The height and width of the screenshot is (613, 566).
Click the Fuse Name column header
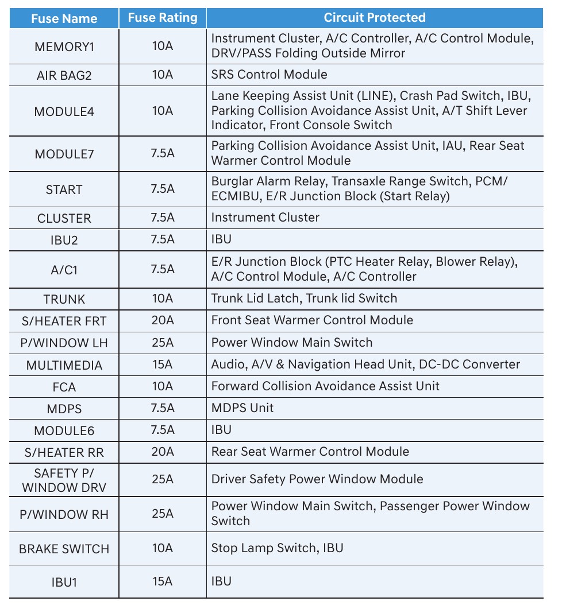point(64,18)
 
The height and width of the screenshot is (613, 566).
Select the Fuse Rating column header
point(163,18)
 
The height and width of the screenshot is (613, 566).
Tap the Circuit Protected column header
point(375,18)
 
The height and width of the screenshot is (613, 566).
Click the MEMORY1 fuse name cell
point(64,46)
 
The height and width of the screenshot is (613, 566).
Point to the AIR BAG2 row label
point(64,75)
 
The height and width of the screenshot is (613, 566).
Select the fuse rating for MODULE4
point(163,110)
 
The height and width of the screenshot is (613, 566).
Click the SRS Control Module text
point(269,75)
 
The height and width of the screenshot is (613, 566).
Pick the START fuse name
point(64,189)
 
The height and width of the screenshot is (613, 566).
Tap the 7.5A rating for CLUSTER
point(163,218)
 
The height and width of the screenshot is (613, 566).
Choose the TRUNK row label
point(64,299)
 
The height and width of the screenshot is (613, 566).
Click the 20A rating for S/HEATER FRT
point(163,320)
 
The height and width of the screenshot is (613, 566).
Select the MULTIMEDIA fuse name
point(64,365)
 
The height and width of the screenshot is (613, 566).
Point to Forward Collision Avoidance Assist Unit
point(325,386)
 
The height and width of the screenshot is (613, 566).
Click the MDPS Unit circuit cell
point(242,408)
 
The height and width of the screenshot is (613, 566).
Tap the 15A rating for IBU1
point(163,581)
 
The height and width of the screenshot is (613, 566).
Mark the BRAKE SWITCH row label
point(64,549)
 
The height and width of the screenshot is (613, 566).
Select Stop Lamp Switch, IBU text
point(277,548)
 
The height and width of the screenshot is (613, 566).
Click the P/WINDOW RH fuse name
point(64,513)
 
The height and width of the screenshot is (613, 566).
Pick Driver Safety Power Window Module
point(317,479)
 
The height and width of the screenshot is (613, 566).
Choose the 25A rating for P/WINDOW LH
point(163,343)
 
